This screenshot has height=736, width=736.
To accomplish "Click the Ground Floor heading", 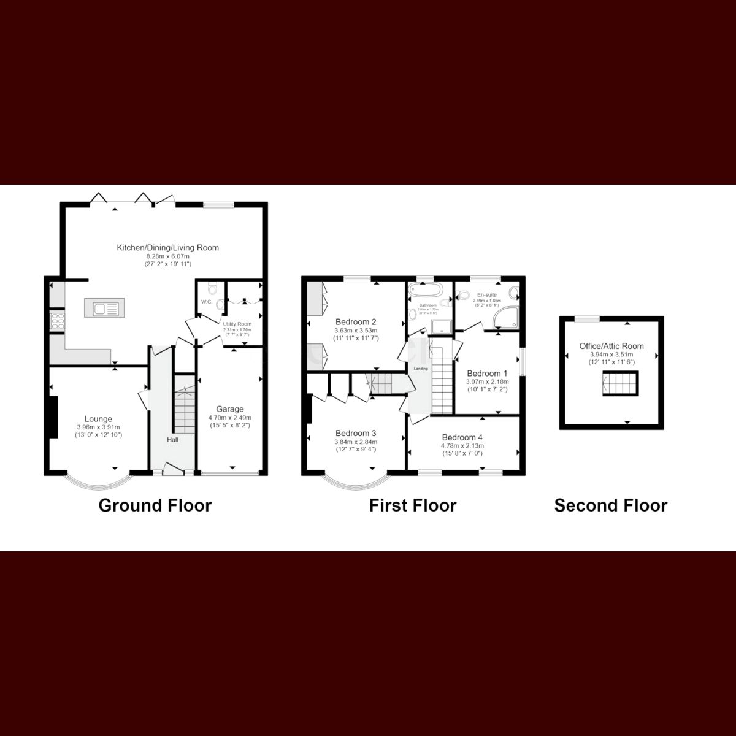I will (155, 505).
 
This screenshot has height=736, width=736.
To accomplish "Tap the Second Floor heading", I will (610, 505).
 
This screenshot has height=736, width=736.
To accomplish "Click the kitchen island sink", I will (108, 308).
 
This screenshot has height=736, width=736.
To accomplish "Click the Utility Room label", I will (237, 324).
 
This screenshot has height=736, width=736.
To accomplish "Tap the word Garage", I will (229, 409).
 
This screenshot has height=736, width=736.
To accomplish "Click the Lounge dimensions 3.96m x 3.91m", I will (98, 427).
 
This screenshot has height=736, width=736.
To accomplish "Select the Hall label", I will (173, 439).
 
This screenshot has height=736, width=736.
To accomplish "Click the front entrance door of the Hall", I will (174, 470).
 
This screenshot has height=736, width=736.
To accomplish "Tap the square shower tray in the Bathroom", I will (440, 325).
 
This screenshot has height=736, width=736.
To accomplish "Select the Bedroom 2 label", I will (356, 321).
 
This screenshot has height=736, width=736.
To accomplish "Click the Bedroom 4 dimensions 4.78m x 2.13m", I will (462, 446).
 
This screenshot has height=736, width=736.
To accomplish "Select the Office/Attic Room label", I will (611, 346).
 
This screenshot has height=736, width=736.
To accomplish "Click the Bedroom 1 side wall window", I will (523, 362).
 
